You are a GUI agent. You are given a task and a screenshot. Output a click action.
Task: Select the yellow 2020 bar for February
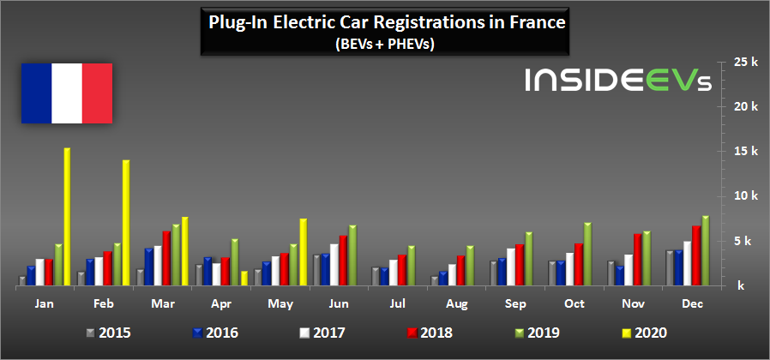click(x=125, y=223)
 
